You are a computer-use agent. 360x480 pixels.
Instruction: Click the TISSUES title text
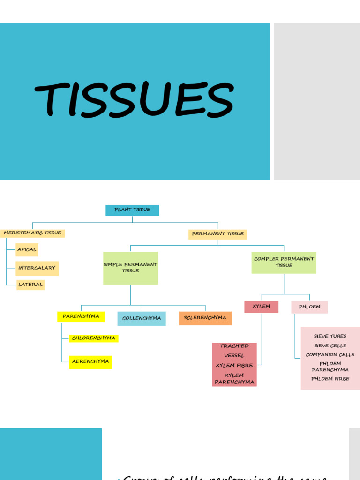[x=134, y=99]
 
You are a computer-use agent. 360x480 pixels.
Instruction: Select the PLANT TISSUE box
[x=132, y=210]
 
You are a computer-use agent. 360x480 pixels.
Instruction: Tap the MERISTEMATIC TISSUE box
[x=32, y=233]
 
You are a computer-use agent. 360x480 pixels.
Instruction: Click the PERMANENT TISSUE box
[x=217, y=234]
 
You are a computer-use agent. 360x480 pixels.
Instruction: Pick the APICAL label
[x=27, y=249]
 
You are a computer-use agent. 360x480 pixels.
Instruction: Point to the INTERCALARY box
[x=37, y=268]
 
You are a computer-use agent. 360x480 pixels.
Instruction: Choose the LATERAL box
[x=30, y=285]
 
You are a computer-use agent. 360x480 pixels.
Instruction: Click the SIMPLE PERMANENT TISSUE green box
[x=130, y=268]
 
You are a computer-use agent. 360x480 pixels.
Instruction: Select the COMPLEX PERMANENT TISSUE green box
[x=284, y=262]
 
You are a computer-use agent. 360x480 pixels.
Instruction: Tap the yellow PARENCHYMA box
[x=81, y=316]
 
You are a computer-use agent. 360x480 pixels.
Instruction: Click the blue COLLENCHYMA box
[x=141, y=318]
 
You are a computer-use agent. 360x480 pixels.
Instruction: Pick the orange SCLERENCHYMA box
[x=205, y=318]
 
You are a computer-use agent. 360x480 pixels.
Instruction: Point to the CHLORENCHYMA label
[x=94, y=338]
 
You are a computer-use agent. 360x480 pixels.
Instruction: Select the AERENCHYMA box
[x=90, y=361]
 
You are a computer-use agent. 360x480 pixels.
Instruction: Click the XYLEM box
[x=261, y=307]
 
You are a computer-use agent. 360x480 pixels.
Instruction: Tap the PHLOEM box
[x=309, y=307]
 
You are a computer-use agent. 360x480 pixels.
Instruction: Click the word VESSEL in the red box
[x=234, y=355]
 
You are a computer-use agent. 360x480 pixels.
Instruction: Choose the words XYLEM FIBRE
[x=234, y=365]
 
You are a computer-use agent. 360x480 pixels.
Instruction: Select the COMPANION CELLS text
[x=330, y=355]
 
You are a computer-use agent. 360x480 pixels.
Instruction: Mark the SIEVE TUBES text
[x=330, y=336]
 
